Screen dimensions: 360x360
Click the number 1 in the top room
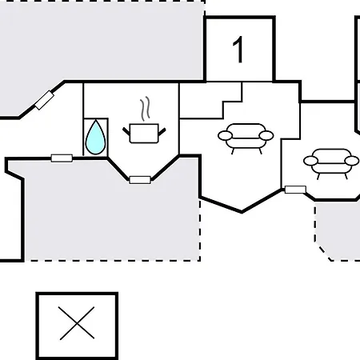[238, 50]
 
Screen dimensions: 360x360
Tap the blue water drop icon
[95, 138]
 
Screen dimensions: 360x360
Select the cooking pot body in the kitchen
[144, 134]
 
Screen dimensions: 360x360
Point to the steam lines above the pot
[145, 109]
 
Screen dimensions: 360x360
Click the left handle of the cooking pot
[126, 131]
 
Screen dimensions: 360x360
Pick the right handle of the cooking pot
[162, 131]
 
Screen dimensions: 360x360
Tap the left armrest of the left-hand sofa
[225, 135]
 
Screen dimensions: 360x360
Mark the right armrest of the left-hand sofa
[266, 135]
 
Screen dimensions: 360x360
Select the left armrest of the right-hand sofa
[310, 161]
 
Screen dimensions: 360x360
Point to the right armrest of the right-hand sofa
[352, 161]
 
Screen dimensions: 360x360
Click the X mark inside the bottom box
[77, 323]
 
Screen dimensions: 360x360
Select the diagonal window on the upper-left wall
[45, 100]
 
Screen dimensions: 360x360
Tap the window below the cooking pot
[140, 180]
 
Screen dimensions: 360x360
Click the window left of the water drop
[62, 158]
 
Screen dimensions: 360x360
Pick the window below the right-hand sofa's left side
[295, 190]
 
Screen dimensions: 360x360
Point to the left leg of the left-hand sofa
[233, 151]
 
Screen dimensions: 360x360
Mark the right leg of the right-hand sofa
[346, 176]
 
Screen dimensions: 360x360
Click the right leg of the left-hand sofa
[260, 151]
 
